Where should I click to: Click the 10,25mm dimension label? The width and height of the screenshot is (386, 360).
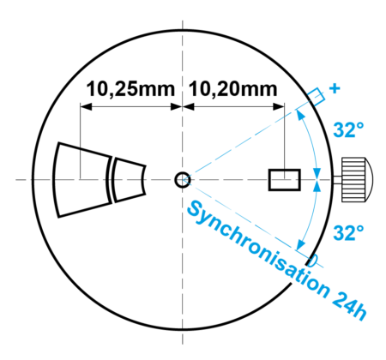click(x=130, y=89)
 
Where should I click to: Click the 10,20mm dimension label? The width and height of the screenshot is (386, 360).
click(x=233, y=89)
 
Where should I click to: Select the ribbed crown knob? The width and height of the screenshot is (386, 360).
click(x=353, y=179)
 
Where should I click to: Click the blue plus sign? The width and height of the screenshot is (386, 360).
click(x=335, y=88)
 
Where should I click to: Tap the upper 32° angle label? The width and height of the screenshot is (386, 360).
click(x=348, y=130)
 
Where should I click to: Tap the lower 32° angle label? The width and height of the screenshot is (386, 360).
click(x=348, y=232)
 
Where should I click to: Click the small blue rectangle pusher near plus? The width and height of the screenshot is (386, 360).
click(x=317, y=97)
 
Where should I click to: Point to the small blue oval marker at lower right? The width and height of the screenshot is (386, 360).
click(x=313, y=261)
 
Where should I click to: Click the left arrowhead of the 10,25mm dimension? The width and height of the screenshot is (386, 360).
click(x=86, y=107)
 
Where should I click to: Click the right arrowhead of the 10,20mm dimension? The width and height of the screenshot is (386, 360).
click(x=279, y=107)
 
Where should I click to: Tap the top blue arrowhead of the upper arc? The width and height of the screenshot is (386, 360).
click(x=299, y=115)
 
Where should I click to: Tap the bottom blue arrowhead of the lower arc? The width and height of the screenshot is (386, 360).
click(x=300, y=245)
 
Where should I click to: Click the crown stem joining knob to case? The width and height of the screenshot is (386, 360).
click(x=337, y=180)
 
